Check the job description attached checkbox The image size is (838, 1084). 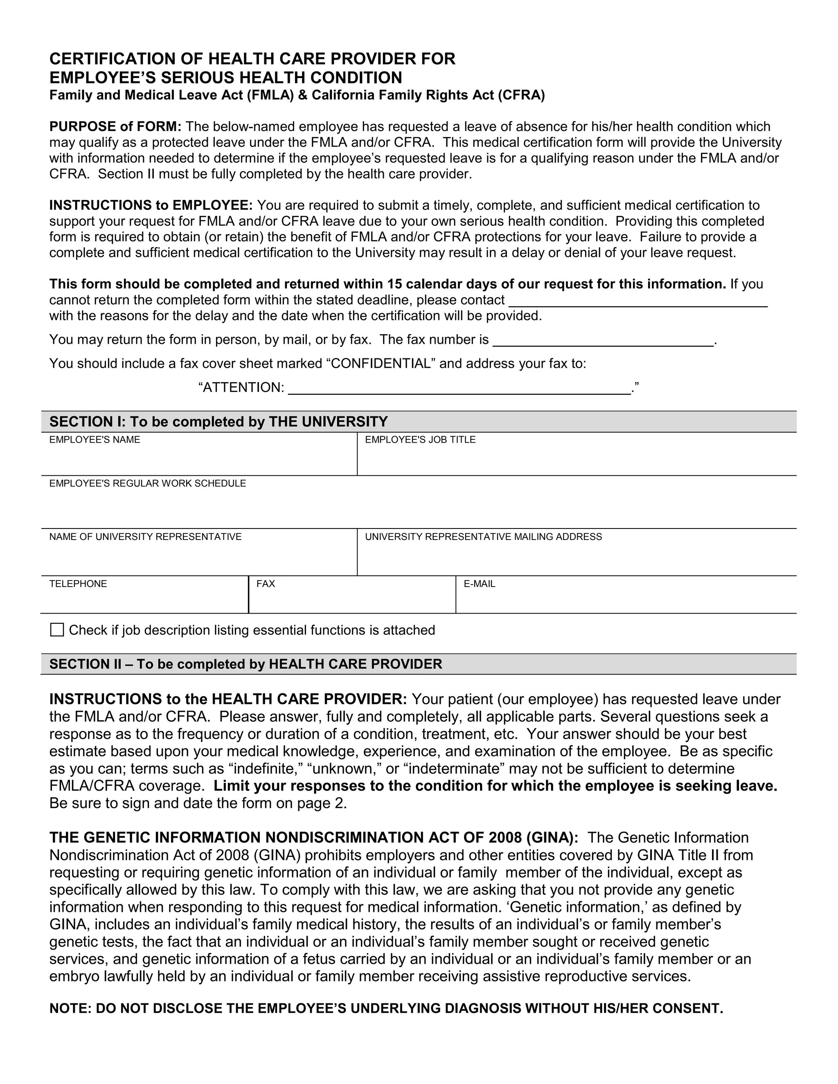point(57,630)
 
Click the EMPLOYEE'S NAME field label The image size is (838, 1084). point(95,440)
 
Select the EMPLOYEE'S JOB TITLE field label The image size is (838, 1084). point(420,440)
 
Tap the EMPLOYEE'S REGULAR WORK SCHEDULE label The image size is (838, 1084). point(147,484)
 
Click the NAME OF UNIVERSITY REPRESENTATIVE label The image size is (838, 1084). point(145,537)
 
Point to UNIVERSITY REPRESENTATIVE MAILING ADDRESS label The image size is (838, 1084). point(483,537)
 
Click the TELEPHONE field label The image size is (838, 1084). point(78,584)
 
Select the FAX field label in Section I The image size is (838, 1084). point(266,584)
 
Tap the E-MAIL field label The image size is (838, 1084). point(479,584)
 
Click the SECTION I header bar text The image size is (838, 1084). point(219,422)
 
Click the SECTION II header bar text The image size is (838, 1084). point(246,664)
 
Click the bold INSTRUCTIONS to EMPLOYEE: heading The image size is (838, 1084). point(151,205)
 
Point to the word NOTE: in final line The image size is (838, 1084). point(70,1009)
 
